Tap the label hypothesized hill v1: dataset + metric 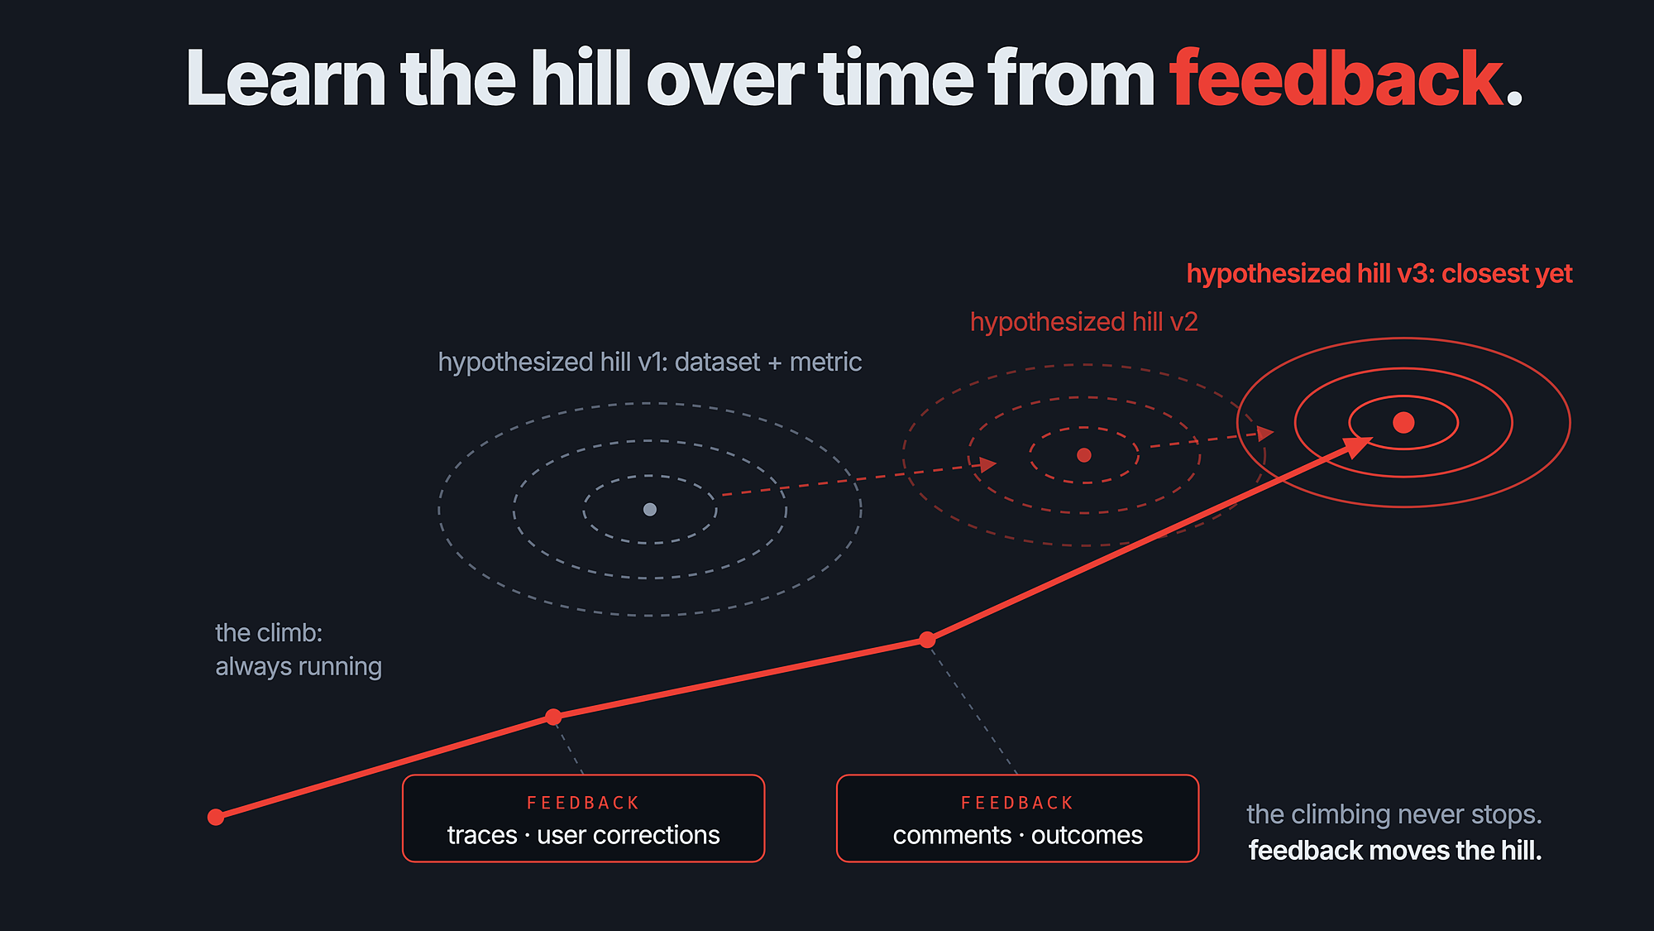coord(650,362)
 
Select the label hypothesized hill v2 coord(1083,322)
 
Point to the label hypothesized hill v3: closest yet coord(1379,274)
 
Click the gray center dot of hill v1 coord(650,509)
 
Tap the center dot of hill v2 coord(1084,455)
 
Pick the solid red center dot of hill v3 coord(1403,423)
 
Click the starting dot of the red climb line coord(216,818)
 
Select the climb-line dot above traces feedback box coord(554,717)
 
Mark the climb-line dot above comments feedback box coord(927,640)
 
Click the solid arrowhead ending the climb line coord(1356,447)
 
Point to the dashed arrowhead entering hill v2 coord(987,464)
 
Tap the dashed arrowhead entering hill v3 coord(1265,433)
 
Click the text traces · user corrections coord(583,835)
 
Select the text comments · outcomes coord(1018,835)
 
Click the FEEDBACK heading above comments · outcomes coord(1017,803)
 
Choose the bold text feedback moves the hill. coord(1395,851)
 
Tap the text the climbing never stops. coord(1394,814)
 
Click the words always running coord(299,667)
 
